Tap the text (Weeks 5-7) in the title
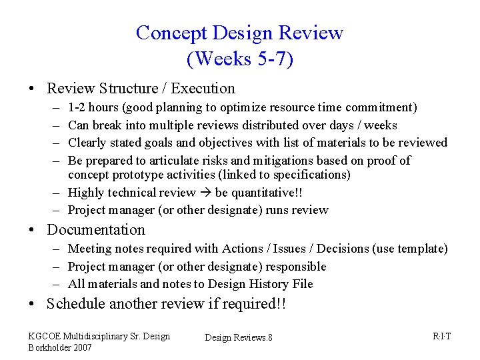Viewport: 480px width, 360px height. tap(240, 59)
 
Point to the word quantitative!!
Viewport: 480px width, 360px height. tap(263, 193)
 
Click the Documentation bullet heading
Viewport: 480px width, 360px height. tap(96, 230)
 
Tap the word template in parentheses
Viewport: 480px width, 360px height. tap(423, 249)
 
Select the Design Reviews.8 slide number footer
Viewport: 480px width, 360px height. tap(239, 338)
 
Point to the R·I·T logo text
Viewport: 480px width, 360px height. tap(441, 336)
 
